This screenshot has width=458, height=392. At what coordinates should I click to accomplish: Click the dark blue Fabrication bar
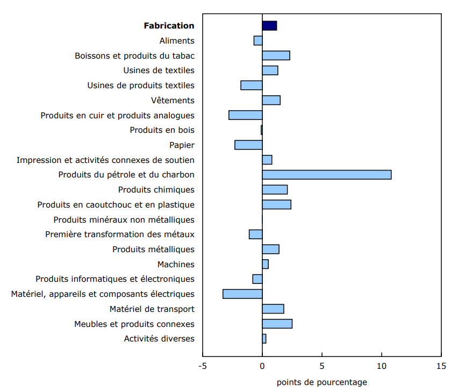[269, 25]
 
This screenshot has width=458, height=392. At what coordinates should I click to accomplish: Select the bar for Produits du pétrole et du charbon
[326, 174]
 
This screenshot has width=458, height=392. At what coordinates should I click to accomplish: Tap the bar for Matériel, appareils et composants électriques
[242, 294]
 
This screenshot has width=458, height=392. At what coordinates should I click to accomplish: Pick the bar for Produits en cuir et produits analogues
[245, 115]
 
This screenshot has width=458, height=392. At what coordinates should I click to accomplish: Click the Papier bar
[248, 145]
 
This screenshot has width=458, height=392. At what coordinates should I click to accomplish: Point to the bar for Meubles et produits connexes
[277, 323]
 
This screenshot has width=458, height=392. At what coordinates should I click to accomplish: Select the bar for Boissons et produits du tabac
[276, 55]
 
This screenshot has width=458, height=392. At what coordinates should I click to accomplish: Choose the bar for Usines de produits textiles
[251, 85]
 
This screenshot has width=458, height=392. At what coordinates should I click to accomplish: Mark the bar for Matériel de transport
[273, 309]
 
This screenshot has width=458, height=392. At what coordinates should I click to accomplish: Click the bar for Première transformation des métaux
[255, 234]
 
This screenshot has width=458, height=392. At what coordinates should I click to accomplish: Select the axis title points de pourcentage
[321, 382]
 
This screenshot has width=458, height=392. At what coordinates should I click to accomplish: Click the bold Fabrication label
[169, 25]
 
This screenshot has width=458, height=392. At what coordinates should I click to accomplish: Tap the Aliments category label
[177, 40]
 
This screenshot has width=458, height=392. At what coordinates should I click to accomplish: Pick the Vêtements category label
[173, 100]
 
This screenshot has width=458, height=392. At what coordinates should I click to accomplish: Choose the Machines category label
[176, 264]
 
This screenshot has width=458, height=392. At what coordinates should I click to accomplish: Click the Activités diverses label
[159, 338]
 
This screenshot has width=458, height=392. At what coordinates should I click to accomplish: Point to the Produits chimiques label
[156, 189]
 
